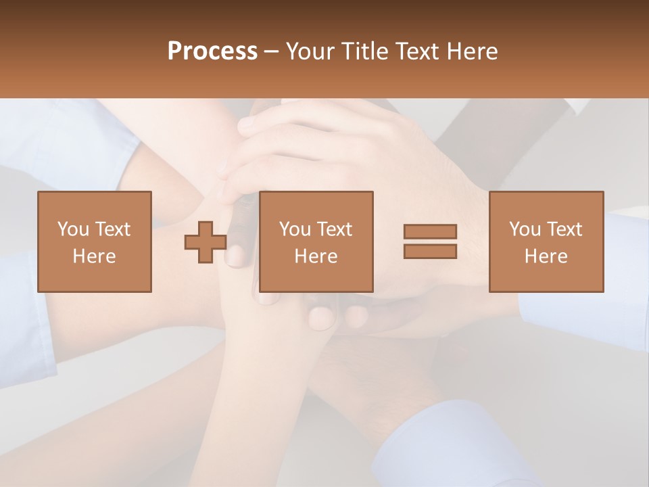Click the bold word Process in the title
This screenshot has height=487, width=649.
[212, 51]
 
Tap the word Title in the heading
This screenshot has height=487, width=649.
[362, 51]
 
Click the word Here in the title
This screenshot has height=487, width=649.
[473, 51]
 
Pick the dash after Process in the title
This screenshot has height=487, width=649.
[271, 52]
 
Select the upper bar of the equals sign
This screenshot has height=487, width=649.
[430, 232]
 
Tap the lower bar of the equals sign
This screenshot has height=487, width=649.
[430, 251]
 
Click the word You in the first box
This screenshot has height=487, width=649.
[72, 229]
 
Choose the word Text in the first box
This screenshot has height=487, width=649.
[112, 229]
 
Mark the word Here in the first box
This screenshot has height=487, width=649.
[94, 256]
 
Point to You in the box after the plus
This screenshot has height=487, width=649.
[294, 229]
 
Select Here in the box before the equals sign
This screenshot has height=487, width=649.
[316, 256]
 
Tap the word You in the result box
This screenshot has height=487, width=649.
[524, 229]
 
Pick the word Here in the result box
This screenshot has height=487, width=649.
[546, 256]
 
